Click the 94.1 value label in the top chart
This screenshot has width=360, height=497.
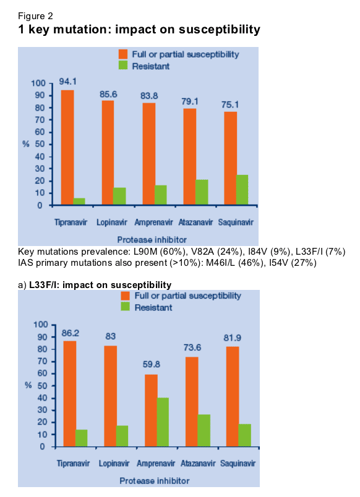(x=67, y=82)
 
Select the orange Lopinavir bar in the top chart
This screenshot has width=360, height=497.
(x=108, y=153)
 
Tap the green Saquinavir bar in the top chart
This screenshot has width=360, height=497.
(x=242, y=190)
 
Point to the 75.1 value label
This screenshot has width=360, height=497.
(x=230, y=104)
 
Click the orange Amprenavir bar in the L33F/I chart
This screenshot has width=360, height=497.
(x=151, y=410)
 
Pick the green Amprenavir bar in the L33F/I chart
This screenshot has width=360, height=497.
(x=163, y=422)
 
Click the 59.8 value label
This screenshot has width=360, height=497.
(x=152, y=365)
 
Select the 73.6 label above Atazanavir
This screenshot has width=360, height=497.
(x=192, y=347)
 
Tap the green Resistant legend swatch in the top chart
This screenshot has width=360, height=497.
(x=123, y=66)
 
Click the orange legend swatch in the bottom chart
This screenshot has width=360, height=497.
(x=126, y=295)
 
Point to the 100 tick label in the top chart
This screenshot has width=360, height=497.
(x=38, y=83)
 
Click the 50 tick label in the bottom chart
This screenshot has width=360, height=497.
(x=42, y=386)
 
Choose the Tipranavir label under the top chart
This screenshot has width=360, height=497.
(x=71, y=222)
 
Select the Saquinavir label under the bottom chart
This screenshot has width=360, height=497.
(x=238, y=464)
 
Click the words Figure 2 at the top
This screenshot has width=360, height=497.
(x=35, y=16)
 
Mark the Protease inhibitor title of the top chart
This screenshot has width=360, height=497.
(x=152, y=240)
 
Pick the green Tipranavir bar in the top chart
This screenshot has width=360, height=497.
(x=79, y=202)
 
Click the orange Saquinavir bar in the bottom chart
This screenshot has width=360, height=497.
(x=233, y=396)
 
